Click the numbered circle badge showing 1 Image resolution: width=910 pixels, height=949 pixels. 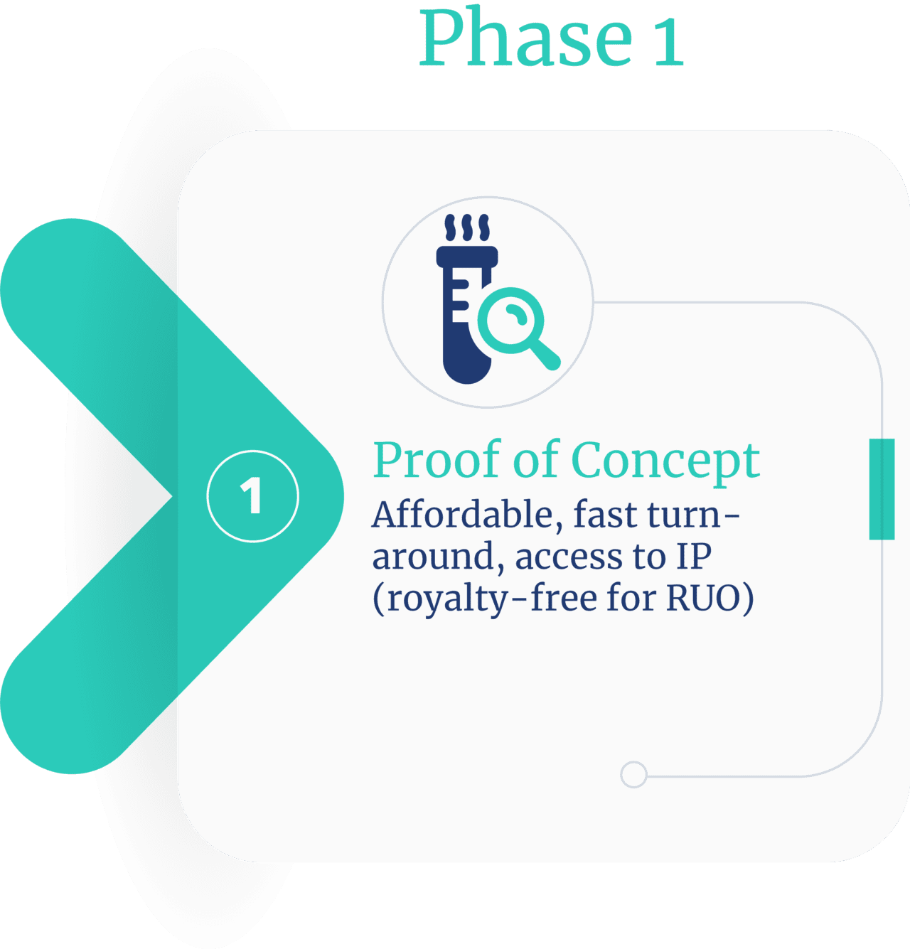(x=252, y=496)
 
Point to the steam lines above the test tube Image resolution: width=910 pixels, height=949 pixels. (x=467, y=228)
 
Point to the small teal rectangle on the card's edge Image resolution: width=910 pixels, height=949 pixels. (x=882, y=489)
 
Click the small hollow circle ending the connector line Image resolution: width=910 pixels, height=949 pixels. (x=633, y=774)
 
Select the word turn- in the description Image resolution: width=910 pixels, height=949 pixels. (x=694, y=515)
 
